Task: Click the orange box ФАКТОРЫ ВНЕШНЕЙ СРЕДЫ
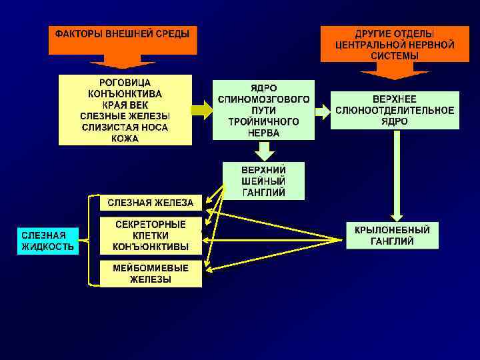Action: (x=123, y=40)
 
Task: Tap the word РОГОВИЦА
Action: (x=125, y=83)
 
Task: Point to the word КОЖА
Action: (x=125, y=138)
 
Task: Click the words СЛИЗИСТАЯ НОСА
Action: (x=125, y=127)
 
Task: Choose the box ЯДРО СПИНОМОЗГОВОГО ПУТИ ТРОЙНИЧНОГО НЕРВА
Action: (x=263, y=110)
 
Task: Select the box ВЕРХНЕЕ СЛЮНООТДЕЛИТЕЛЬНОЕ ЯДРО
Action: (x=395, y=110)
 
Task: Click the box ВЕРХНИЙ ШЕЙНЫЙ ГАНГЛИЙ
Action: (x=263, y=181)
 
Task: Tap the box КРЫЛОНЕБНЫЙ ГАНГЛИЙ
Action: (x=392, y=235)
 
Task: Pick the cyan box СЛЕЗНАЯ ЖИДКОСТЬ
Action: (x=47, y=241)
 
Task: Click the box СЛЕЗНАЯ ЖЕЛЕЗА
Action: (x=151, y=203)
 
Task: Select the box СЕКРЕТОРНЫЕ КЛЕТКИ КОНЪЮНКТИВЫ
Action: (x=151, y=235)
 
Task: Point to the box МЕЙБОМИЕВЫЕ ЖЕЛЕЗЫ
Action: (x=151, y=273)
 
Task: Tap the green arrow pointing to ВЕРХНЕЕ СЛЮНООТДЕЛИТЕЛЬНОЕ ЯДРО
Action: (x=323, y=111)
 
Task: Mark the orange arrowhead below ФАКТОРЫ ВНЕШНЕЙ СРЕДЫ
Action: (x=121, y=64)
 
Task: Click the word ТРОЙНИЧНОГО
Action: (x=263, y=122)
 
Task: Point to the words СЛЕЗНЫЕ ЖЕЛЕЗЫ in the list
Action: (x=125, y=116)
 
